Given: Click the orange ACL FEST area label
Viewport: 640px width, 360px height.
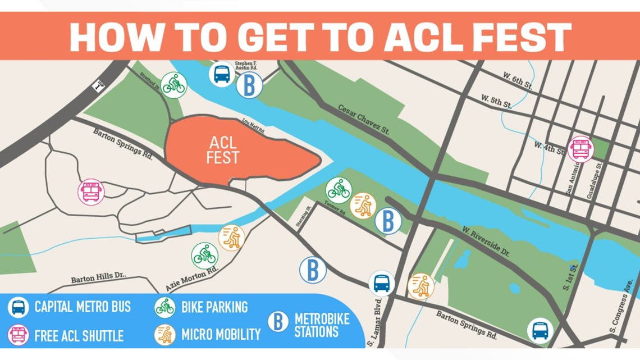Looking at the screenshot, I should (222, 149).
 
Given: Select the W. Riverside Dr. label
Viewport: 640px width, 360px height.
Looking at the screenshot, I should (486, 242).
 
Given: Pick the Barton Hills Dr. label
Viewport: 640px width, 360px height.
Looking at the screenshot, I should (99, 278).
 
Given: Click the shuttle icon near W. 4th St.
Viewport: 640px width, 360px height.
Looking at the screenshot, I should (580, 149).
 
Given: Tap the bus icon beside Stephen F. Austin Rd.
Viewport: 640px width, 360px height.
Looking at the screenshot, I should (222, 74).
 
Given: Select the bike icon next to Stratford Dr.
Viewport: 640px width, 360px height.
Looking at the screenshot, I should (173, 86).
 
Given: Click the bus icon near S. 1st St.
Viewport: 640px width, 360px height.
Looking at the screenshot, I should (540, 330).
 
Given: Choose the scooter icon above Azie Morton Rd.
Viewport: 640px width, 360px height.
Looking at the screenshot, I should (231, 238).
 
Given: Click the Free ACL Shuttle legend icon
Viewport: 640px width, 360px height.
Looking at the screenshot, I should (19, 335).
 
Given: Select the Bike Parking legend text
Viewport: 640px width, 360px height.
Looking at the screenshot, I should (214, 307).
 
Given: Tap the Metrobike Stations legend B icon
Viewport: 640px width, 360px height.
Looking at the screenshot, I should (278, 321).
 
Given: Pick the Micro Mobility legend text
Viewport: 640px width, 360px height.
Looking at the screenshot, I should (221, 335).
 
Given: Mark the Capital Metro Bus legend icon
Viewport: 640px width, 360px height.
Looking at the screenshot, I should (19, 307).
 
